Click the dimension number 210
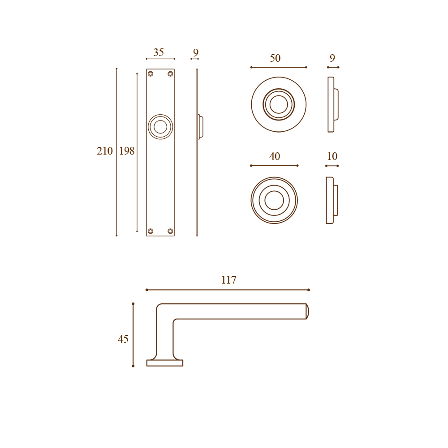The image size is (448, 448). click(104, 151)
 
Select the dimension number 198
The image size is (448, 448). click(127, 151)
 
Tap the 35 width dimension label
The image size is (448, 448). click(159, 52)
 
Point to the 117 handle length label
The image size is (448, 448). click(229, 280)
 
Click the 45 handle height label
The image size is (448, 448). click(123, 339)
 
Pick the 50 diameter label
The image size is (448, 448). click(275, 58)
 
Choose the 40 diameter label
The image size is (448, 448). click(275, 156)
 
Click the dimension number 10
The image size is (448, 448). click(332, 156)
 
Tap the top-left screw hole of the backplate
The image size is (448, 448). click(151, 74)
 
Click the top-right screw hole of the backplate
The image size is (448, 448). click(170, 74)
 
